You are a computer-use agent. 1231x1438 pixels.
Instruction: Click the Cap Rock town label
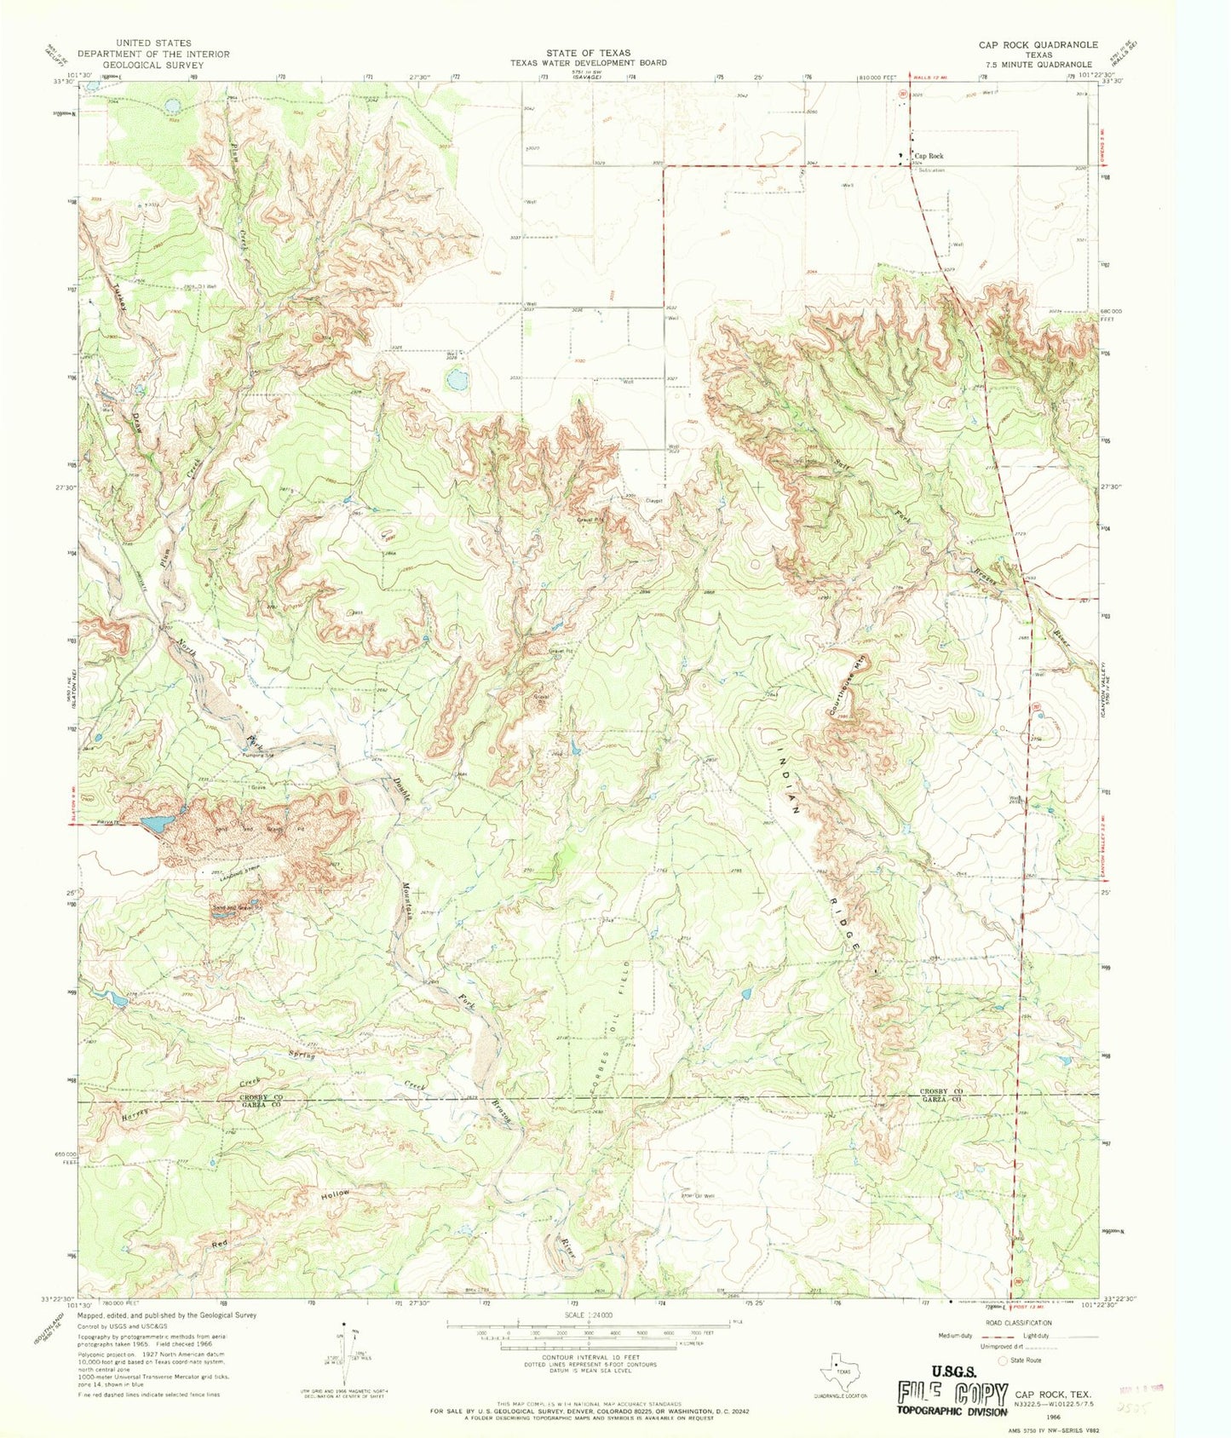pyautogui.click(x=929, y=156)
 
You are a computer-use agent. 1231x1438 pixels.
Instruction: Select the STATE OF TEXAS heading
pyautogui.click(x=589, y=52)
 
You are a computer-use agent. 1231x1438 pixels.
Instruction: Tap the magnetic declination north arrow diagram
pyautogui.click(x=346, y=1367)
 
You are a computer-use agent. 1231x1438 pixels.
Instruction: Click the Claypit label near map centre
pyautogui.click(x=654, y=500)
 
